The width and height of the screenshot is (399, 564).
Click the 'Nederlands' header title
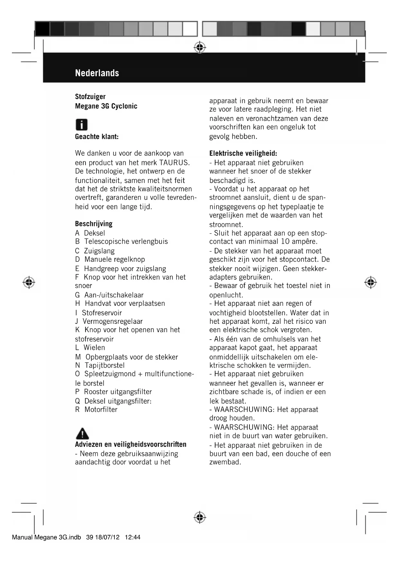pos(97,73)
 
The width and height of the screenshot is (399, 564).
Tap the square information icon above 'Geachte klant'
pos(82,124)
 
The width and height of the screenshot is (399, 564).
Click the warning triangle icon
pos(82,433)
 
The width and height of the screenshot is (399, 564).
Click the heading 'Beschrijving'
pos(94,224)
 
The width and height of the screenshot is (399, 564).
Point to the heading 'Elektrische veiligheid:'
pos(243,153)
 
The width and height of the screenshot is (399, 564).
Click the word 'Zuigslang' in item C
pos(99,251)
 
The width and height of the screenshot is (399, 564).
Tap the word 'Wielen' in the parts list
pos(94,348)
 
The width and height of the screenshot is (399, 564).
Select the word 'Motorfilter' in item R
pos(101,410)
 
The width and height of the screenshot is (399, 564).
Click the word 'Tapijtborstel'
pos(104,365)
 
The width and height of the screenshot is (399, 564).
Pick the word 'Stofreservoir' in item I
pos(102,313)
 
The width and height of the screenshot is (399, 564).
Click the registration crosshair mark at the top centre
pos(200,47)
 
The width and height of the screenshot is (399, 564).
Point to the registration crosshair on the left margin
pos(29,282)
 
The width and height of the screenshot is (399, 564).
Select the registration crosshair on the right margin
pos(370,282)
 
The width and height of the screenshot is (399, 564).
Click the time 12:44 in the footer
pos(132,537)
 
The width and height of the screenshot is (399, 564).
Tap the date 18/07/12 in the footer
pos(107,537)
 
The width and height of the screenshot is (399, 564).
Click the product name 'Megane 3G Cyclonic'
pos(106,106)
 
